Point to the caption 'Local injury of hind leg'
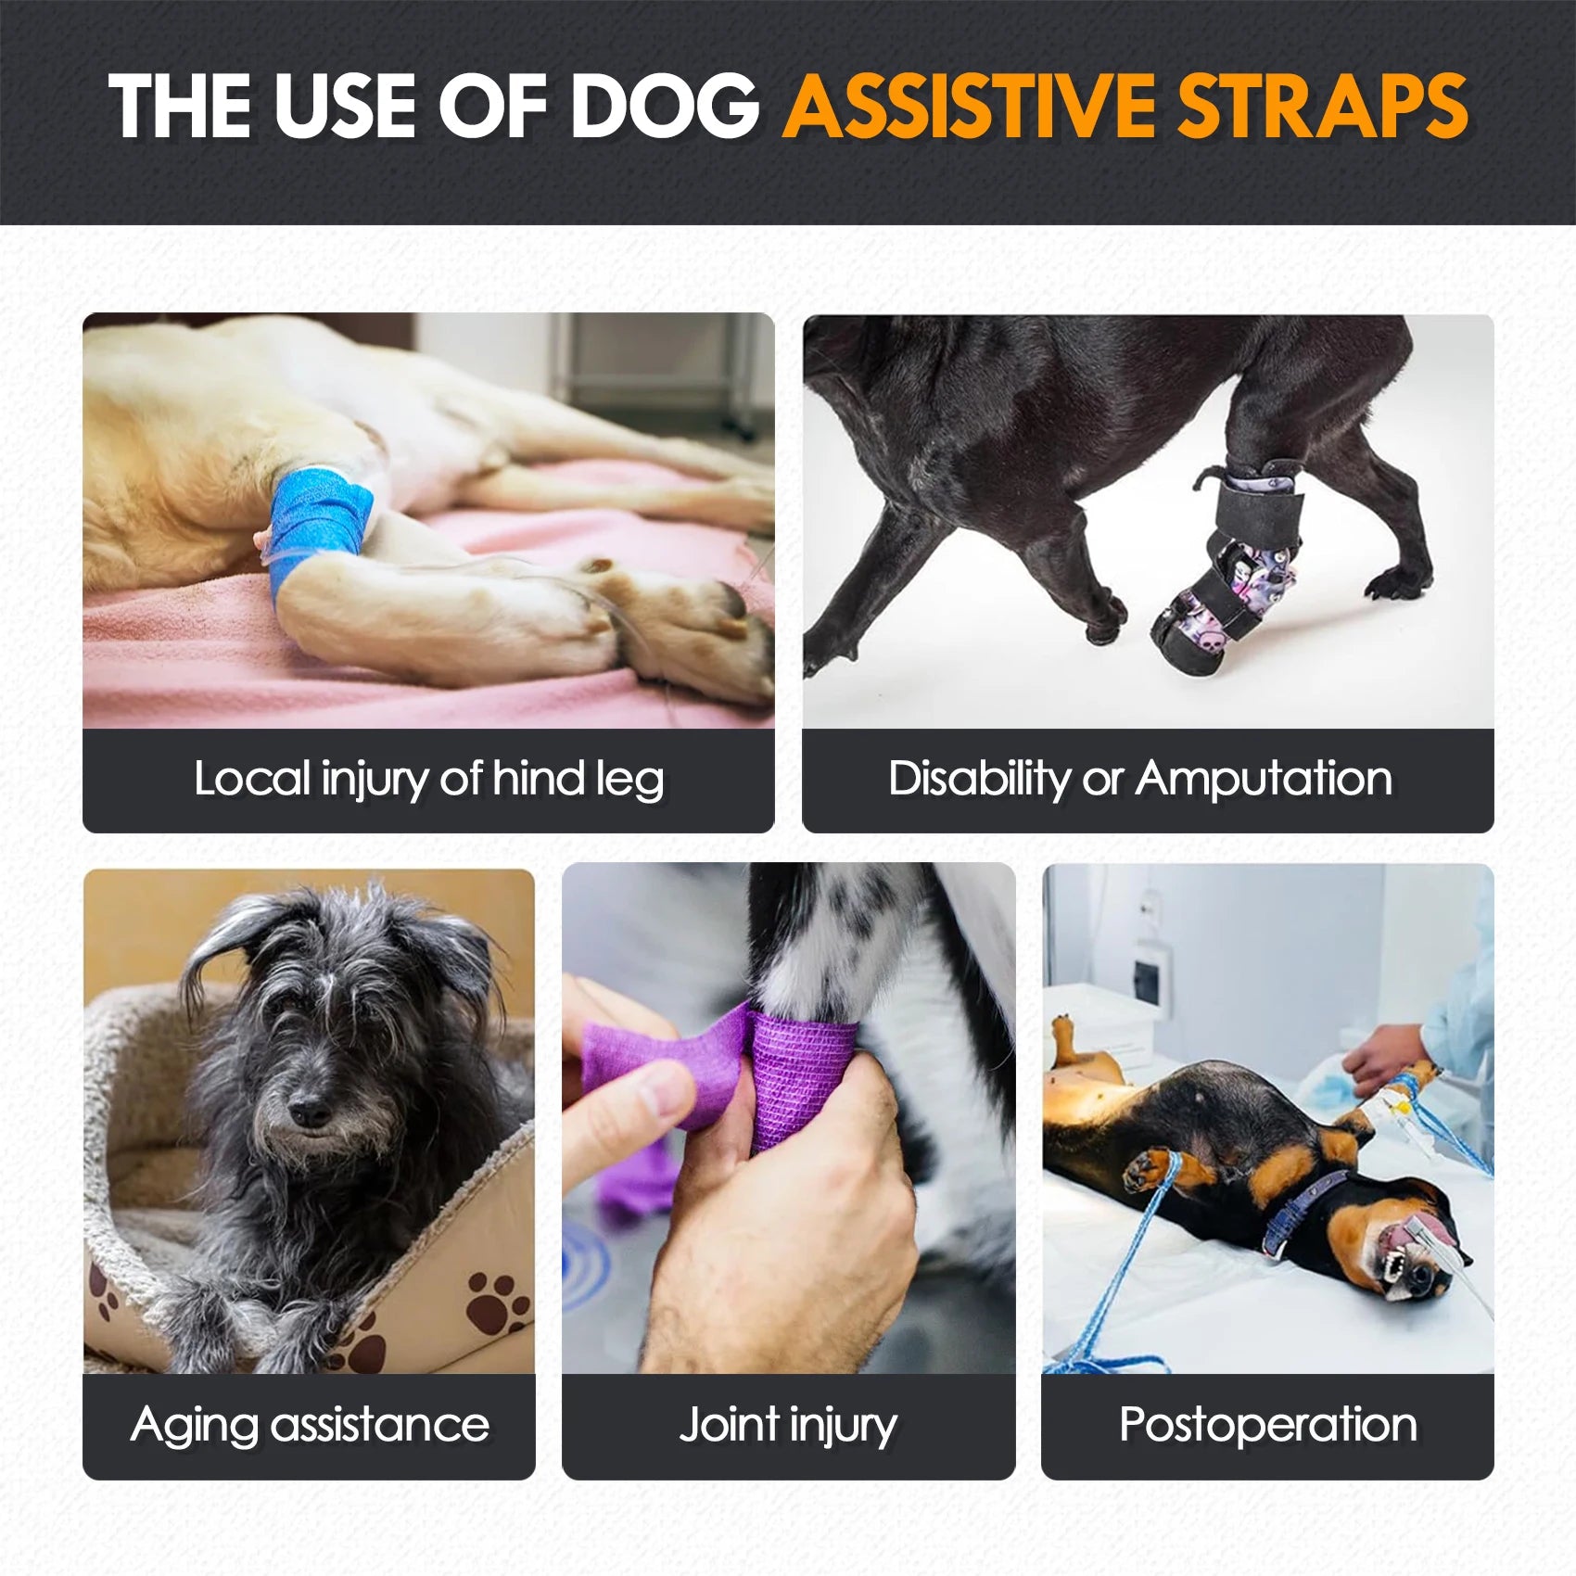(428, 779)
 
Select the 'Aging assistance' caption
(310, 1425)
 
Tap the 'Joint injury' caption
(788, 1425)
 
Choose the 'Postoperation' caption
(1267, 1425)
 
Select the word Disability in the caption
(978, 779)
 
